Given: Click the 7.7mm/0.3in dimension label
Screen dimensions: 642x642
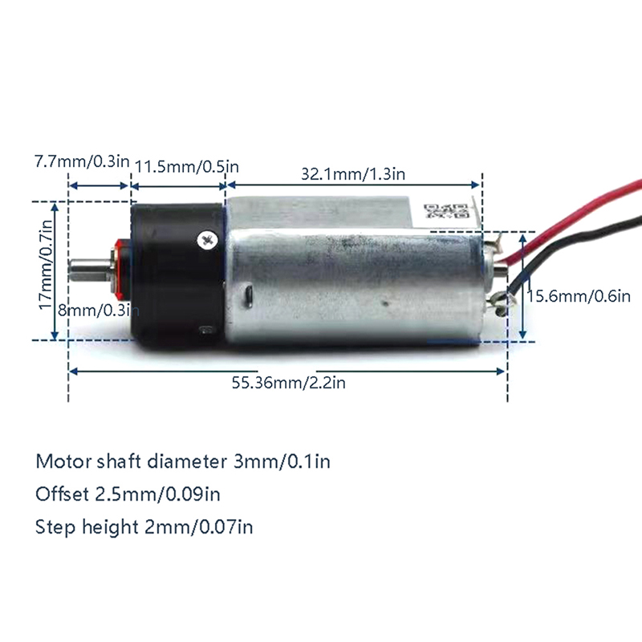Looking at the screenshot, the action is pyautogui.click(x=82, y=161).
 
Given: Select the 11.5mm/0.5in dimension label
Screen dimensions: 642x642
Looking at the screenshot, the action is pyautogui.click(x=187, y=167).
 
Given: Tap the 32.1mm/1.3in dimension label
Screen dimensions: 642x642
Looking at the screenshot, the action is pyautogui.click(x=353, y=174).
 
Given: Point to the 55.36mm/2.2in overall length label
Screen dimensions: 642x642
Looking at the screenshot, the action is pyautogui.click(x=289, y=383).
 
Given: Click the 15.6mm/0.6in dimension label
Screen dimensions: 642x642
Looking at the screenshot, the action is pyautogui.click(x=579, y=296).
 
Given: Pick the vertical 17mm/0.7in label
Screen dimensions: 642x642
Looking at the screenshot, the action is pyautogui.click(x=46, y=265).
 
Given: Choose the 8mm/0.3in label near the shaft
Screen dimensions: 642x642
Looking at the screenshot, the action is pyautogui.click(x=98, y=311).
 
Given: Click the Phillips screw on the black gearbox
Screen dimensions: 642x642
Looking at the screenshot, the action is pyautogui.click(x=205, y=240).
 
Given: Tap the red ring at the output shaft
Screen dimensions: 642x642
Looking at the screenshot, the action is pyautogui.click(x=120, y=268).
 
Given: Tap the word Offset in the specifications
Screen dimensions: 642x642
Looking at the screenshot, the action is pyautogui.click(x=62, y=494).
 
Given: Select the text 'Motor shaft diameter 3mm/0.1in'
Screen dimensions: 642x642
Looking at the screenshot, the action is pyautogui.click(x=183, y=461).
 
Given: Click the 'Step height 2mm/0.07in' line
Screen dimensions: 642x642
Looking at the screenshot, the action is pyautogui.click(x=144, y=527).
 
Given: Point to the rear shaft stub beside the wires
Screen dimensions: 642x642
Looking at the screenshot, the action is pyautogui.click(x=501, y=271).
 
